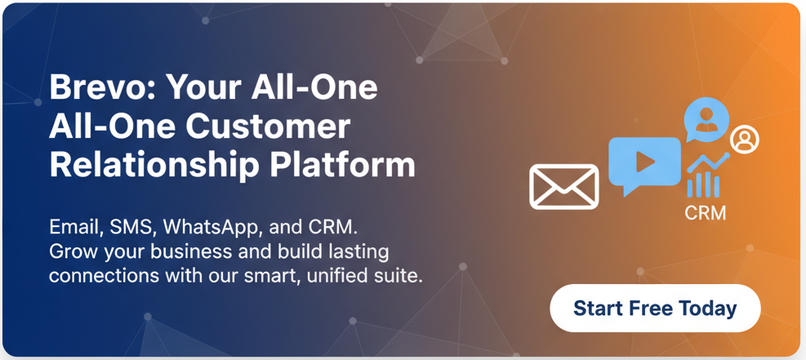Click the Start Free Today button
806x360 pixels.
pos(655,308)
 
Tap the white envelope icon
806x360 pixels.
pos(564,187)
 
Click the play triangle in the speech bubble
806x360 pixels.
pos(645,162)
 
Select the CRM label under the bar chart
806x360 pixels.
pos(706,212)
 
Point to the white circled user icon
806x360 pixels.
pos(744,139)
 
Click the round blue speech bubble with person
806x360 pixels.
pos(706,119)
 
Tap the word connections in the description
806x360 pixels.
pos(104,276)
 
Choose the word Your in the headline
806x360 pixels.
pos(204,88)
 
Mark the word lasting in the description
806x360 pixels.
pos(363,251)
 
